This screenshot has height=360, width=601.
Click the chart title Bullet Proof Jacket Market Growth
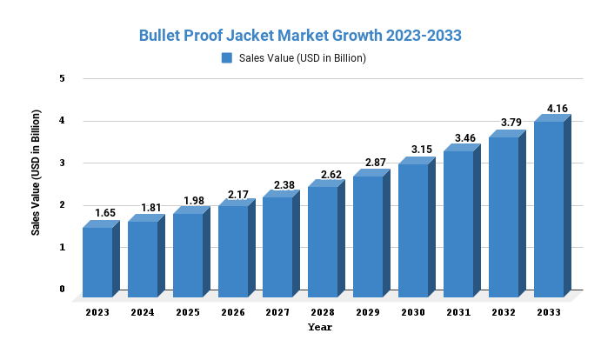click(300, 36)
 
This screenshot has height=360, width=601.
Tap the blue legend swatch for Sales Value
click(227, 58)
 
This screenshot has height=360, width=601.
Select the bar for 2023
click(97, 261)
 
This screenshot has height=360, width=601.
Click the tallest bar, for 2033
click(548, 209)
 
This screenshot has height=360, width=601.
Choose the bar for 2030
click(413, 230)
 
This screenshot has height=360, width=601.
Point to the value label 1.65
click(104, 213)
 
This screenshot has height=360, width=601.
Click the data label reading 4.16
click(557, 109)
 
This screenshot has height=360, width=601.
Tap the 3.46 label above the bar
click(466, 138)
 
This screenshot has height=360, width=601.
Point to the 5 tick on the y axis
click(62, 78)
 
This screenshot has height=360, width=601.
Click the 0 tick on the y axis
click(62, 289)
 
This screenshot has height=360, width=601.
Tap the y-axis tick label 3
click(62, 163)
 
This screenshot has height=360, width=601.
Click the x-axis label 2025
click(188, 311)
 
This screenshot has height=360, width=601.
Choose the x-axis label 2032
click(504, 311)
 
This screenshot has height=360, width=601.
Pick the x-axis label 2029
click(368, 311)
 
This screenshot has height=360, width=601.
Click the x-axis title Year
click(319, 328)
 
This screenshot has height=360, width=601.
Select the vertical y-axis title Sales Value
click(36, 172)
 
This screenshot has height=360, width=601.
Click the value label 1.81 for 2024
click(150, 207)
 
